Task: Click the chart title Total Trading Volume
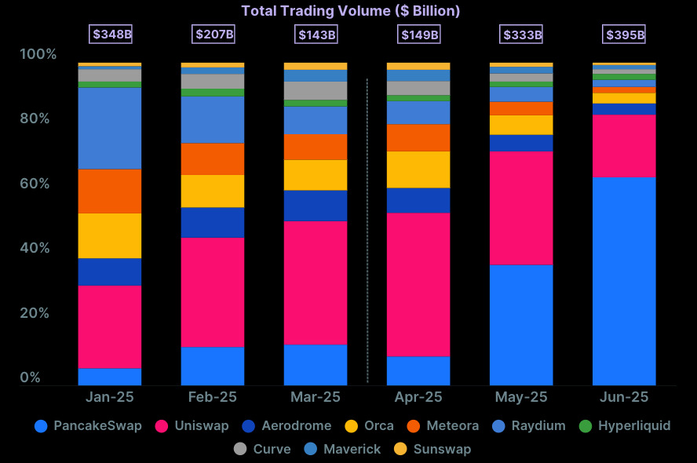click(x=350, y=11)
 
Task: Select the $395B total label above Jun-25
click(x=624, y=35)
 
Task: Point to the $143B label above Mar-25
click(x=316, y=35)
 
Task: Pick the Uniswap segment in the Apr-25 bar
click(x=418, y=284)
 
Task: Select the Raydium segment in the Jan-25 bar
click(x=109, y=128)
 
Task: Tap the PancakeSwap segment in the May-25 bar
click(x=521, y=325)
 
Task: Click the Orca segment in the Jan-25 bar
click(x=109, y=235)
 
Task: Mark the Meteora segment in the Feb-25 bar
click(x=212, y=159)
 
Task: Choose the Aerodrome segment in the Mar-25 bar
click(x=316, y=206)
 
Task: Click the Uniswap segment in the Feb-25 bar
click(x=212, y=292)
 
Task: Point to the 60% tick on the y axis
click(x=39, y=184)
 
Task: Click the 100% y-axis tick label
click(x=38, y=54)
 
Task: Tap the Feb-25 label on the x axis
click(x=212, y=397)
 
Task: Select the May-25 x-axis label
click(x=521, y=397)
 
